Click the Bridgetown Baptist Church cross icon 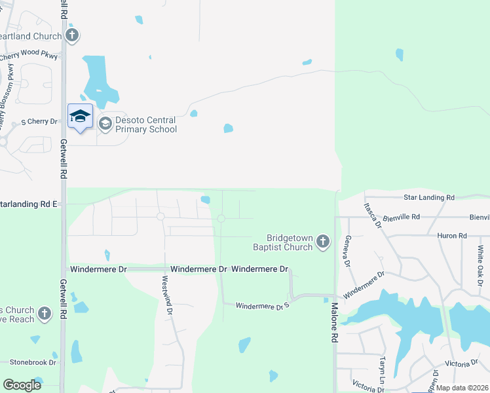pyautogui.click(x=322, y=242)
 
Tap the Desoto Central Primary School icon pyautogui.click(x=105, y=123)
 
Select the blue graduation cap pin pyautogui.click(x=80, y=117)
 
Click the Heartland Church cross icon pyautogui.click(x=72, y=36)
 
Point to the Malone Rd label pyautogui.click(x=334, y=321)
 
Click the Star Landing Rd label pyautogui.click(x=429, y=197)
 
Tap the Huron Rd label pyautogui.click(x=453, y=236)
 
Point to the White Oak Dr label pyautogui.click(x=480, y=265)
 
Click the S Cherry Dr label pyautogui.click(x=39, y=122)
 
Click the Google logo pyautogui.click(x=22, y=385)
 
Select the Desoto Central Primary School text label pyautogui.click(x=146, y=124)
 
